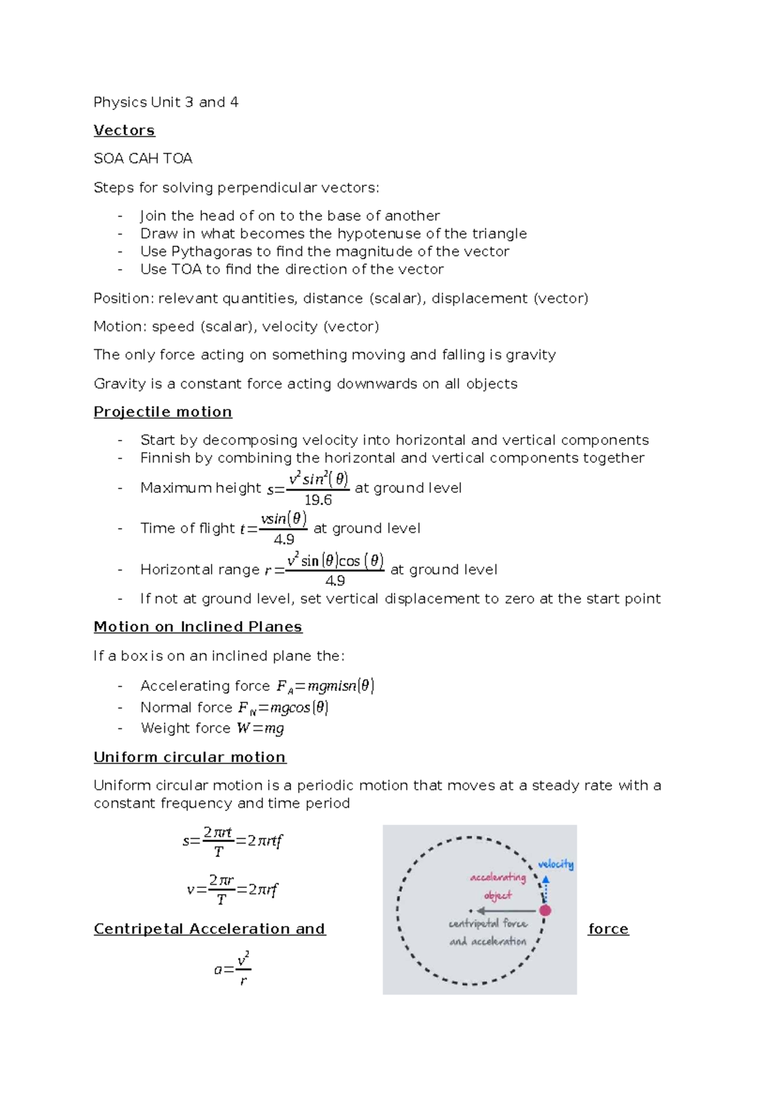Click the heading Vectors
(124, 130)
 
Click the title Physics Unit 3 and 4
(166, 102)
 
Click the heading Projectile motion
(163, 412)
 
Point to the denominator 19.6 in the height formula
(318, 500)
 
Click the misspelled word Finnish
(164, 458)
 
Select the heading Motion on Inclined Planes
(198, 627)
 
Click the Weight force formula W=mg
(261, 728)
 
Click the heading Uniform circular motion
(189, 757)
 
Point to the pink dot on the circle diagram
(545, 910)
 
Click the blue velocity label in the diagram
(555, 864)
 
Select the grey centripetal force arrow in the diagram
(506, 911)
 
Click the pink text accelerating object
(498, 886)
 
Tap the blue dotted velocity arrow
(546, 890)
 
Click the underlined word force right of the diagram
(608, 929)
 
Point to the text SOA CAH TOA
(143, 158)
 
